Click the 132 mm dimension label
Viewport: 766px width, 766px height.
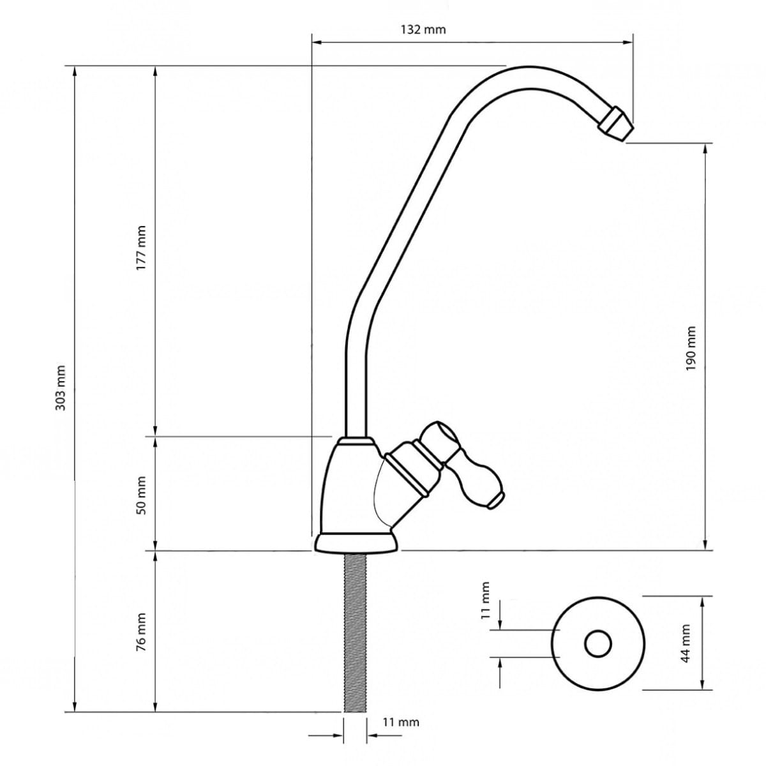click(x=423, y=30)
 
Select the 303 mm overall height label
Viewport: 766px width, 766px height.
click(x=61, y=387)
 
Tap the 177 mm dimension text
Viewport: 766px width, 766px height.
click(x=141, y=248)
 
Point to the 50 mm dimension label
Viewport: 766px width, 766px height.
click(x=141, y=495)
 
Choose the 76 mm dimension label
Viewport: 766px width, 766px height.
click(x=141, y=632)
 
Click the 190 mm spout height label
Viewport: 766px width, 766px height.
click(x=691, y=349)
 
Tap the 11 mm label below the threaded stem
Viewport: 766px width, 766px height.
click(x=401, y=722)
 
